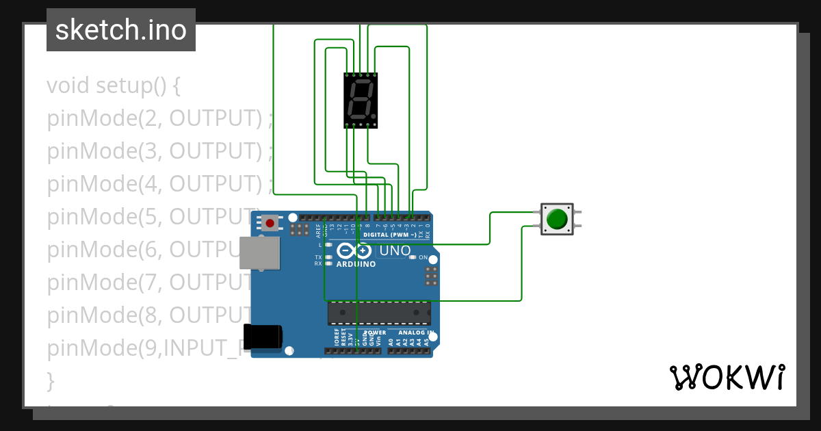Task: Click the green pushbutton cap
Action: [558, 219]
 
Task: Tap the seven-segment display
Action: [361, 100]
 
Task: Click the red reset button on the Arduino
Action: [270, 222]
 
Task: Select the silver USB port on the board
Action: [259, 252]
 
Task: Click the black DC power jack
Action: [263, 336]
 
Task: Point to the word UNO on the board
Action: [395, 250]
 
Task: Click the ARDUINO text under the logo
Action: [356, 264]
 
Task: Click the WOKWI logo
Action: [727, 377]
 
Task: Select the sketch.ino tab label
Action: [121, 30]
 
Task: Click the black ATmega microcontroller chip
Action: [379, 313]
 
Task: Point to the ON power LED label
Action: [423, 258]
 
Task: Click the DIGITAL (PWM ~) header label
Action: [389, 235]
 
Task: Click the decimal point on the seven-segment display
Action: [374, 117]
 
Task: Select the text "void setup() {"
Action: [113, 86]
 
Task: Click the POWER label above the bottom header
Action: [376, 332]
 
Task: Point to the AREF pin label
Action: [318, 229]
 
